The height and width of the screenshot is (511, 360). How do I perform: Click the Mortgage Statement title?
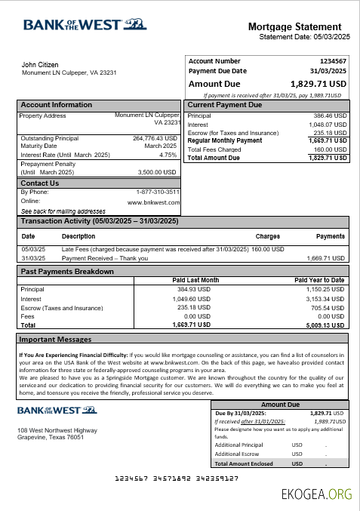[x=298, y=27]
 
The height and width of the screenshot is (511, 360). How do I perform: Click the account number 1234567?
[x=333, y=61]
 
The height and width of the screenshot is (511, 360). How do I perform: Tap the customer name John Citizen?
[x=40, y=65]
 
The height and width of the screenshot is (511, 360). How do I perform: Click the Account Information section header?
[x=56, y=105]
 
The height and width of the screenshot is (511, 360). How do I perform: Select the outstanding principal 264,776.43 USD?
[x=155, y=138]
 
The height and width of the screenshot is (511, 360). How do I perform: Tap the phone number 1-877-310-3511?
[x=158, y=192]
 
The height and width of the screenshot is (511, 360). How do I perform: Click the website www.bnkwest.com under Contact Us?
[x=154, y=202]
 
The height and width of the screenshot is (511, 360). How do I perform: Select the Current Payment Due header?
[x=225, y=105]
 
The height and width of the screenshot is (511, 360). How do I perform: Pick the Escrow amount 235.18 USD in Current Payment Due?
[x=330, y=133]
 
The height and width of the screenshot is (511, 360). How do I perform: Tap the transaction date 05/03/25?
[x=33, y=249]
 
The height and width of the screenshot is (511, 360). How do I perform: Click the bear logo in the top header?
[x=137, y=23]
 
